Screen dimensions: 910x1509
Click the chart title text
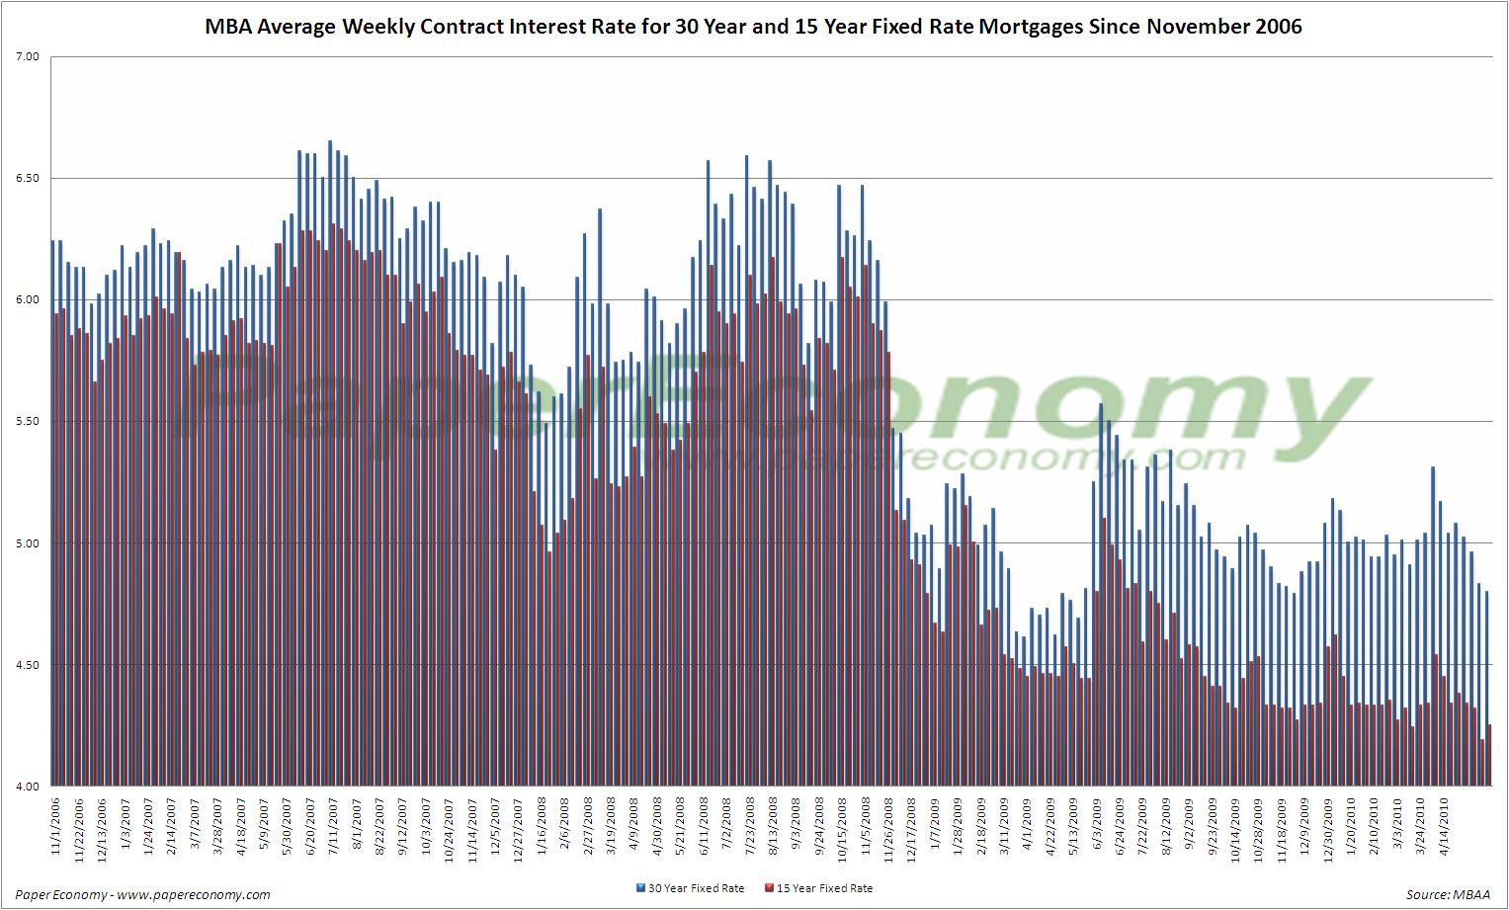(x=753, y=27)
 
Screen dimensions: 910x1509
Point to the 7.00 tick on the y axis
(x=28, y=57)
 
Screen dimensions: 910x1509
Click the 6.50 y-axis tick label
(x=28, y=179)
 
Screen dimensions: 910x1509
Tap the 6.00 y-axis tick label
(x=28, y=300)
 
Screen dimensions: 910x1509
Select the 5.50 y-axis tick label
(x=28, y=422)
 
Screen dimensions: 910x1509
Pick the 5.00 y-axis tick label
(x=28, y=543)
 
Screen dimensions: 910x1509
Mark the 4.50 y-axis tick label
(x=28, y=665)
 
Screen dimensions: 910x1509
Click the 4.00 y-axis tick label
(x=28, y=786)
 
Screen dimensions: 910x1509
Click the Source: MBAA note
(x=1448, y=894)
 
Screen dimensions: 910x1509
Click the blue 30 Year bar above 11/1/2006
(x=52, y=514)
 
